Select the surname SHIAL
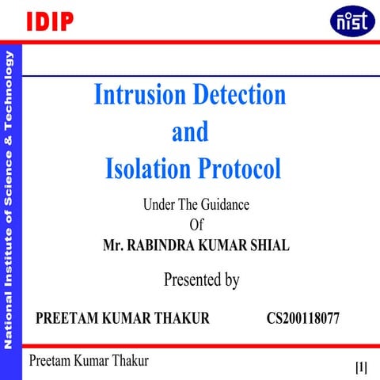click(268, 245)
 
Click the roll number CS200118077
click(304, 318)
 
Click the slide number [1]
click(361, 367)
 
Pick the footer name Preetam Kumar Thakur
click(89, 360)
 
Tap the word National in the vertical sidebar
click(9, 321)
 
